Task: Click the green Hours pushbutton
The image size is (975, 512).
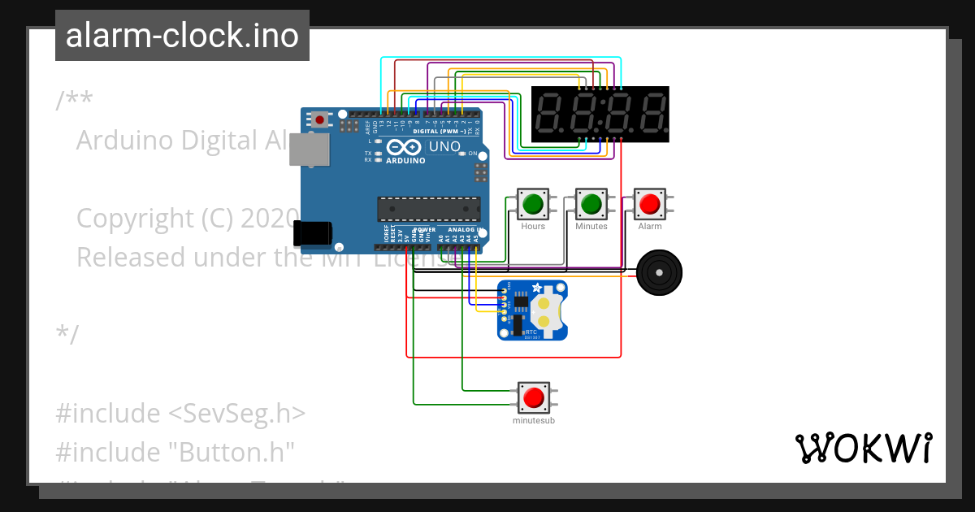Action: (533, 203)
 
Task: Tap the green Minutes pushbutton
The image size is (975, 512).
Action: (591, 203)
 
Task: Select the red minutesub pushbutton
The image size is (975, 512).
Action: (533, 397)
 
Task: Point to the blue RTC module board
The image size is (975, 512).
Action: (531, 310)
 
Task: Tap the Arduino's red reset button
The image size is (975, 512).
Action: (320, 120)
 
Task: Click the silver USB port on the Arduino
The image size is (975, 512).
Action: (309, 150)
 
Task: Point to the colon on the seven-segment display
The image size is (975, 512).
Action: (600, 115)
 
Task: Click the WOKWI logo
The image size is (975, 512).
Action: (863, 448)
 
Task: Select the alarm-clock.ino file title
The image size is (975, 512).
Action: (182, 36)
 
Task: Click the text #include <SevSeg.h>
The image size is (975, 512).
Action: (180, 413)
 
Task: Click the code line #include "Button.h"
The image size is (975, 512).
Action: (175, 451)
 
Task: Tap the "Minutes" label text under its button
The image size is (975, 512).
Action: (591, 227)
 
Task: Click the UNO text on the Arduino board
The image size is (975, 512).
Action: (444, 147)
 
